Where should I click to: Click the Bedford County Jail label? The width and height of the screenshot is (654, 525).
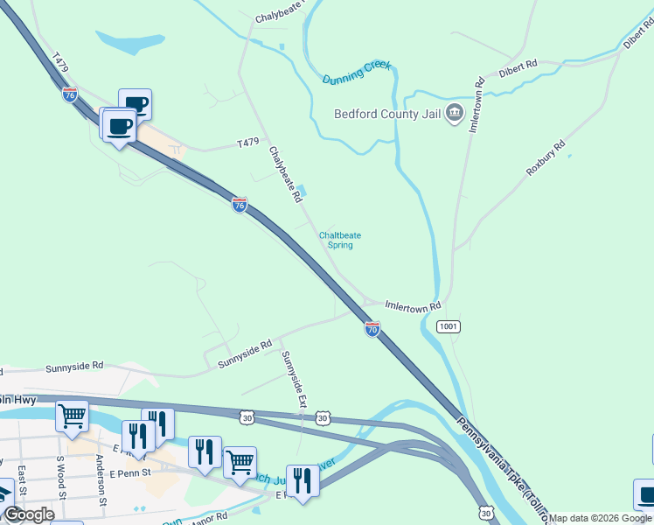point(388,114)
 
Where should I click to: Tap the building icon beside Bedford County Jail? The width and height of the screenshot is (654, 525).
point(454,114)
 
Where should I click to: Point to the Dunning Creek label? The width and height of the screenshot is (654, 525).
point(358,73)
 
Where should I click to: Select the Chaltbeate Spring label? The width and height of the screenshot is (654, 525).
point(340,240)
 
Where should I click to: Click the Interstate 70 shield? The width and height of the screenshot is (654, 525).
point(372,329)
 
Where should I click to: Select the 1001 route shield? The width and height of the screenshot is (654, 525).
point(448,326)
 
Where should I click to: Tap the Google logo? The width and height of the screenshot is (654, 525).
point(29,514)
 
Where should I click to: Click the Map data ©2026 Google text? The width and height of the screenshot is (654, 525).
point(601,518)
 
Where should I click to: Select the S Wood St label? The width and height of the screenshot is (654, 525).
point(61,478)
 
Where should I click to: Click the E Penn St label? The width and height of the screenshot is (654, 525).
point(130,473)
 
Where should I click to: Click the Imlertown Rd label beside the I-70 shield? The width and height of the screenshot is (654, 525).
point(413,306)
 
